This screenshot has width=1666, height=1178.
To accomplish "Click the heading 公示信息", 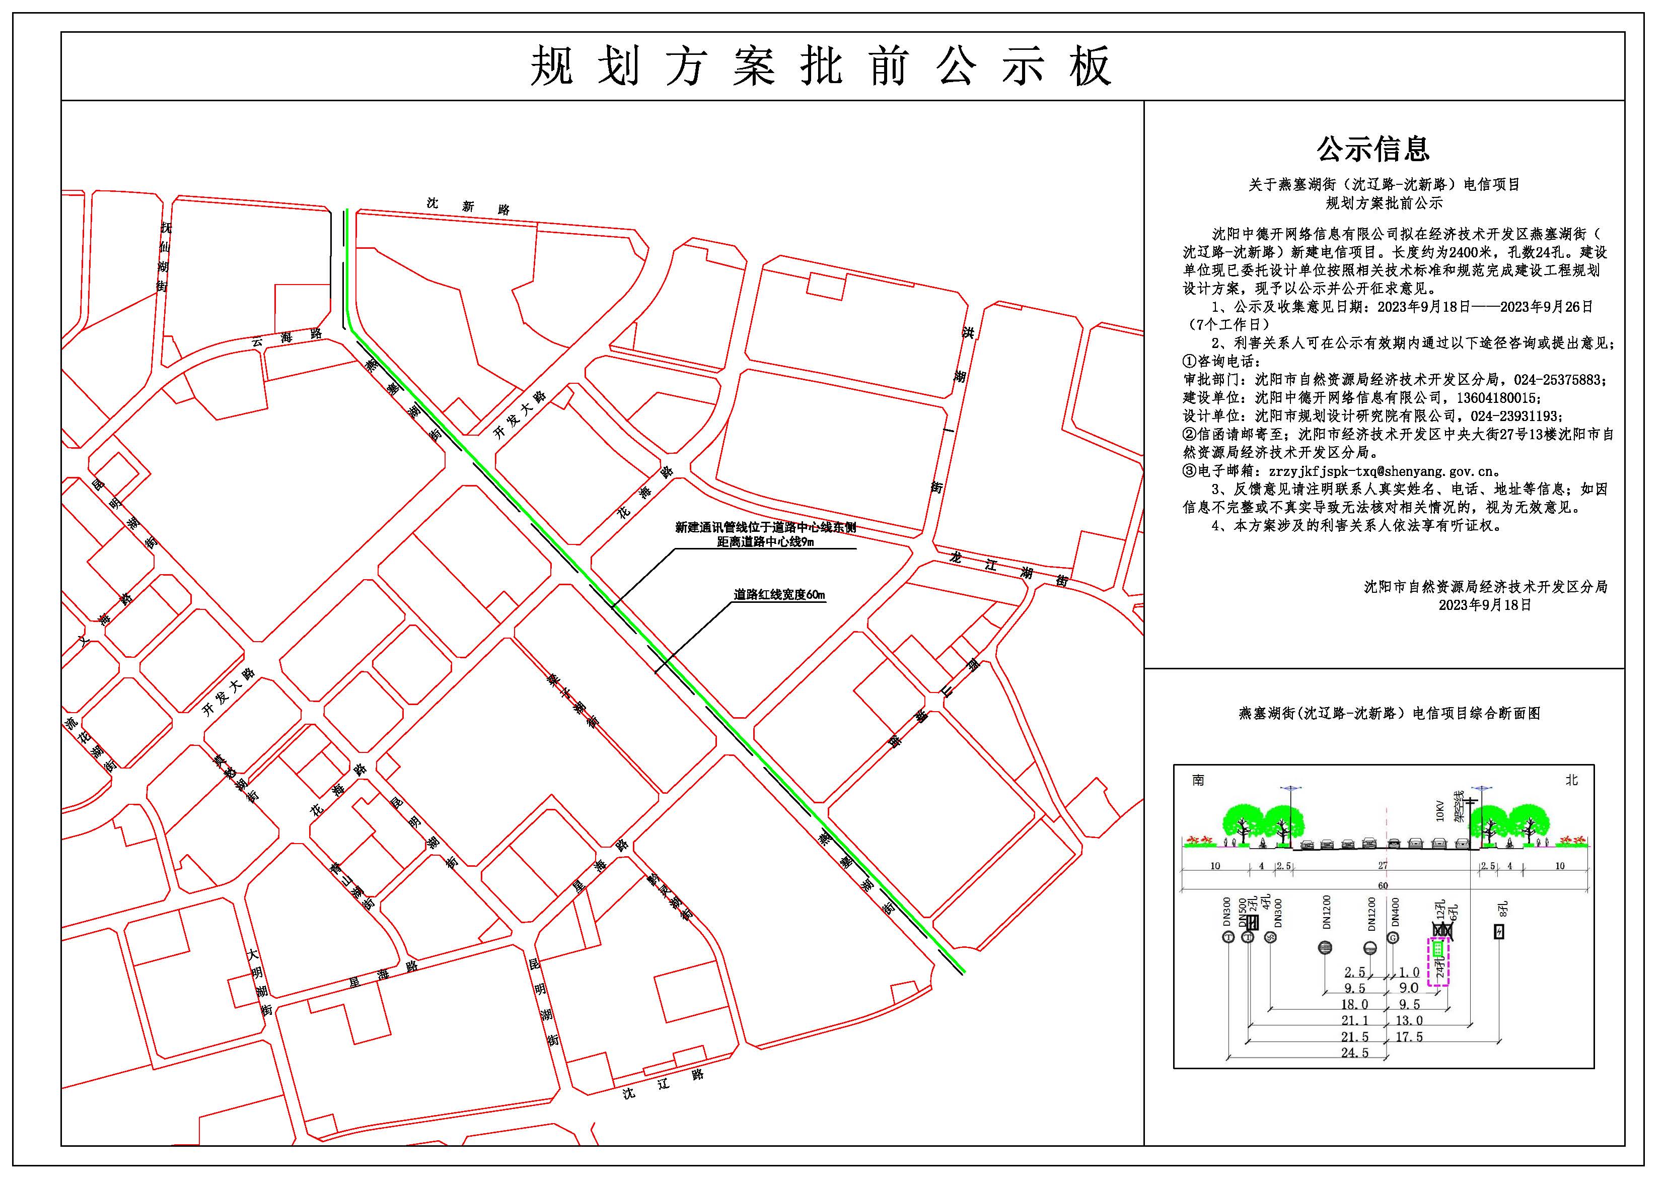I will click(x=1373, y=149).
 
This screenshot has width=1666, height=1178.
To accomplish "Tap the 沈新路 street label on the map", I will click(x=468, y=206).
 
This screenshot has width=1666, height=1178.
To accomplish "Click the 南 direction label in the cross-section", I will click(x=1198, y=780).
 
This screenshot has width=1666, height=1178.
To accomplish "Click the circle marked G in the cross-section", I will click(x=1393, y=938).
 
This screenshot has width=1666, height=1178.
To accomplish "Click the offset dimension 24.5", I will click(x=1355, y=1053).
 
